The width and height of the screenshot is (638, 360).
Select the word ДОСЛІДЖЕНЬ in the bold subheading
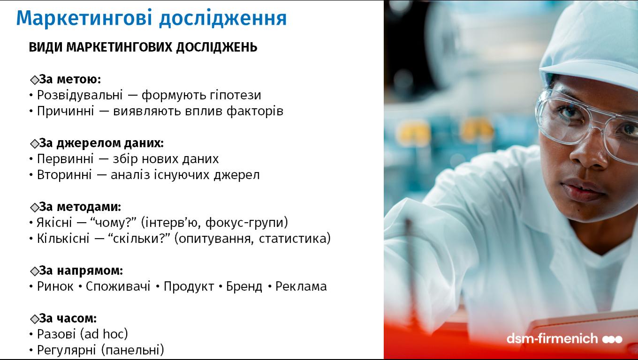216,47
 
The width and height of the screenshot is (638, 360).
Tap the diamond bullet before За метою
34,80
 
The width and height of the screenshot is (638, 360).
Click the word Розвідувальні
80,95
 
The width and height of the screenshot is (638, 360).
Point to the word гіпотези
235,95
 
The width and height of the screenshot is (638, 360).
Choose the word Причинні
65,111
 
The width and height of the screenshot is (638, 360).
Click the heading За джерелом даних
101,143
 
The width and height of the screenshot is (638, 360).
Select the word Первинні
65,159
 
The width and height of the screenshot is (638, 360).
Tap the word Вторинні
64,175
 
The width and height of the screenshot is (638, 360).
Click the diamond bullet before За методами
34,208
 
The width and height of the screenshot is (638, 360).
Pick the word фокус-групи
247,223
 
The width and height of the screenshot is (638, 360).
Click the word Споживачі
118,286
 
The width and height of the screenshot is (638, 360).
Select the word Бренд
244,286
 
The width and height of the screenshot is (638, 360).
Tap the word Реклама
301,286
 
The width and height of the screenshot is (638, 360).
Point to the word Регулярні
66,350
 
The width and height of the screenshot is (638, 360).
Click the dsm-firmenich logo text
552,338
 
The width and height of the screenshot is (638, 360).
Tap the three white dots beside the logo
612,339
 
